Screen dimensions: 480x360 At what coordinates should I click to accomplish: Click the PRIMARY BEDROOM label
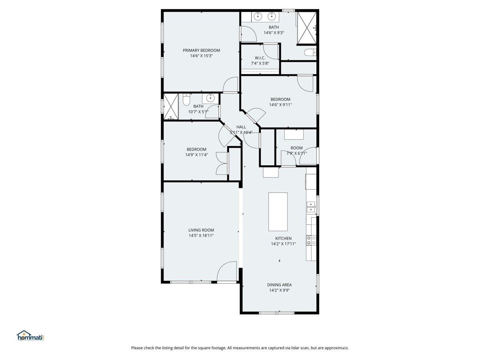pyautogui.click(x=201, y=50)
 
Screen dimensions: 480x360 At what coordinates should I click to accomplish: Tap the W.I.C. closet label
pyautogui.click(x=260, y=58)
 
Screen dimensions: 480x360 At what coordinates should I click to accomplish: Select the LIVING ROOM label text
pyautogui.click(x=201, y=230)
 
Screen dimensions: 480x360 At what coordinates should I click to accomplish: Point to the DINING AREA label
pyautogui.click(x=279, y=285)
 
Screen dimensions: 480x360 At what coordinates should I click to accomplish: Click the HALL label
pyautogui.click(x=241, y=127)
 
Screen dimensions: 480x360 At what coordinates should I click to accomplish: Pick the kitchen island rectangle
pyautogui.click(x=278, y=212)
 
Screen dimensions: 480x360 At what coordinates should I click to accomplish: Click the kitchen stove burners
pyautogui.click(x=311, y=240)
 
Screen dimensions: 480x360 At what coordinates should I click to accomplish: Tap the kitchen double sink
pyautogui.click(x=311, y=207)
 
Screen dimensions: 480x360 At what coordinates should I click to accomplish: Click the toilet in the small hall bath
pyautogui.click(x=186, y=100)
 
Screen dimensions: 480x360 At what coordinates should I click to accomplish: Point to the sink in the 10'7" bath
pyautogui.click(x=210, y=98)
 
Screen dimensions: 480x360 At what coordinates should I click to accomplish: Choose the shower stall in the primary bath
pyautogui.click(x=306, y=28)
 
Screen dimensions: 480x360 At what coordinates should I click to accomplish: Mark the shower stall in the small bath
pyautogui.click(x=171, y=107)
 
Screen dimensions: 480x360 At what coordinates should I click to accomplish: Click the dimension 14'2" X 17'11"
pyautogui.click(x=283, y=244)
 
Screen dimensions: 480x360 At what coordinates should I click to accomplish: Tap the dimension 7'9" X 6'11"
pyautogui.click(x=296, y=153)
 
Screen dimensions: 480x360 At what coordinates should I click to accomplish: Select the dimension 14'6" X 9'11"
pyautogui.click(x=280, y=105)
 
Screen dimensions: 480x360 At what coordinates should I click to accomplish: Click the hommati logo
pyautogui.click(x=30, y=335)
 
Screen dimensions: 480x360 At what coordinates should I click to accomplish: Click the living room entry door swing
pyautogui.click(x=227, y=271)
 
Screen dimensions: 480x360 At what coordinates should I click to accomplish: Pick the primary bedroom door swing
pyautogui.click(x=230, y=84)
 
